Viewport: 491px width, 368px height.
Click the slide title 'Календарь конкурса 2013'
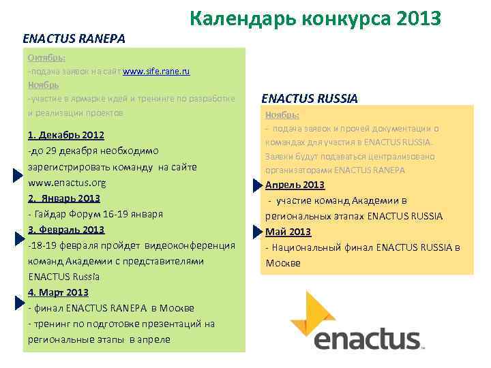(x=316, y=18)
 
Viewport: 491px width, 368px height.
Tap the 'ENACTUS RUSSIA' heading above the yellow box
(x=310, y=98)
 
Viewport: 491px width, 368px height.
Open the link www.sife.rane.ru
(x=156, y=71)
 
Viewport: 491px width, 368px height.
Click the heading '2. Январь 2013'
(x=64, y=198)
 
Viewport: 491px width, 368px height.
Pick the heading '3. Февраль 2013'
(x=66, y=230)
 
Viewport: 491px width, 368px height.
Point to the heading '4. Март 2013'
(x=59, y=292)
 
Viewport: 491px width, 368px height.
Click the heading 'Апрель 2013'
(x=295, y=185)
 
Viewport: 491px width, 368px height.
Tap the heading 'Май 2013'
(x=288, y=232)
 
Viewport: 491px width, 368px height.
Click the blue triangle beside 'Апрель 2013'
(x=256, y=185)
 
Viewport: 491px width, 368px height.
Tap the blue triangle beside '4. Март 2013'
(x=19, y=301)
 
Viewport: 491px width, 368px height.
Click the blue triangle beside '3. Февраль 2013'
(x=19, y=238)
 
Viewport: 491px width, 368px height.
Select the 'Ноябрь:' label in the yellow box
(x=282, y=115)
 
